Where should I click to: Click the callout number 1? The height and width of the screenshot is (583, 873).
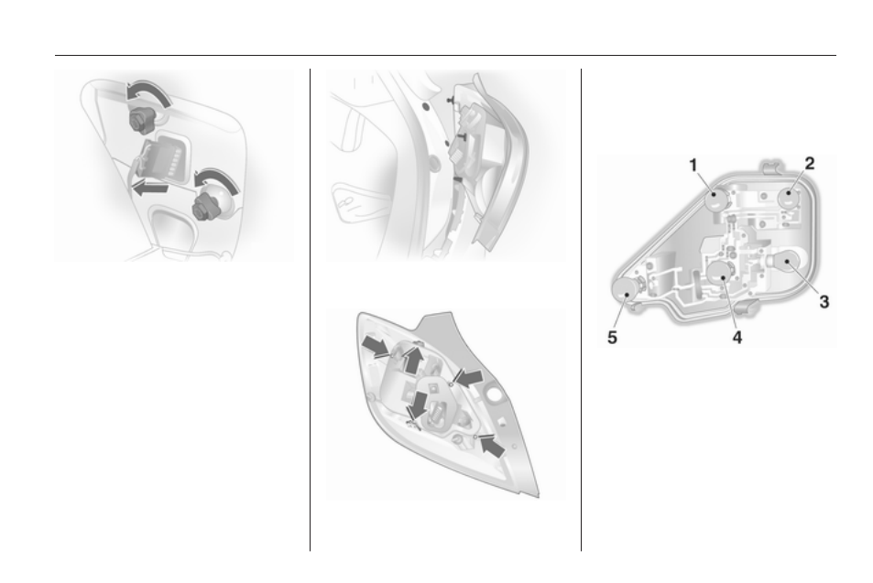[x=693, y=166]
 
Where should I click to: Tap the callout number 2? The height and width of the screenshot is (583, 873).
[x=810, y=163]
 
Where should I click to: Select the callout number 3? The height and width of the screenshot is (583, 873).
[x=824, y=302]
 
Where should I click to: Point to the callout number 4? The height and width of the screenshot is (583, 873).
[x=737, y=337]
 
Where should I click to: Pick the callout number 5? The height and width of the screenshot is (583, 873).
[x=612, y=338]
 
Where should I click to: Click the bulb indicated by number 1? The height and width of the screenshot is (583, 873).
[x=715, y=200]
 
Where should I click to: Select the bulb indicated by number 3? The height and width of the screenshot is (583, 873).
[x=787, y=262]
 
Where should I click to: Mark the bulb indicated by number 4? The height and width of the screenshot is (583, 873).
[x=719, y=273]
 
